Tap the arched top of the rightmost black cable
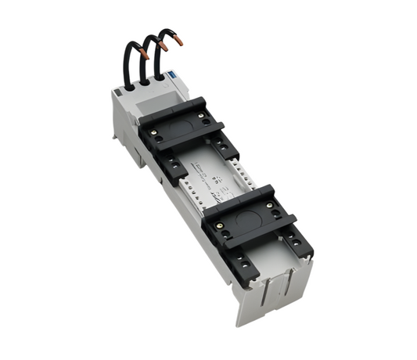coord(166,33)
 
